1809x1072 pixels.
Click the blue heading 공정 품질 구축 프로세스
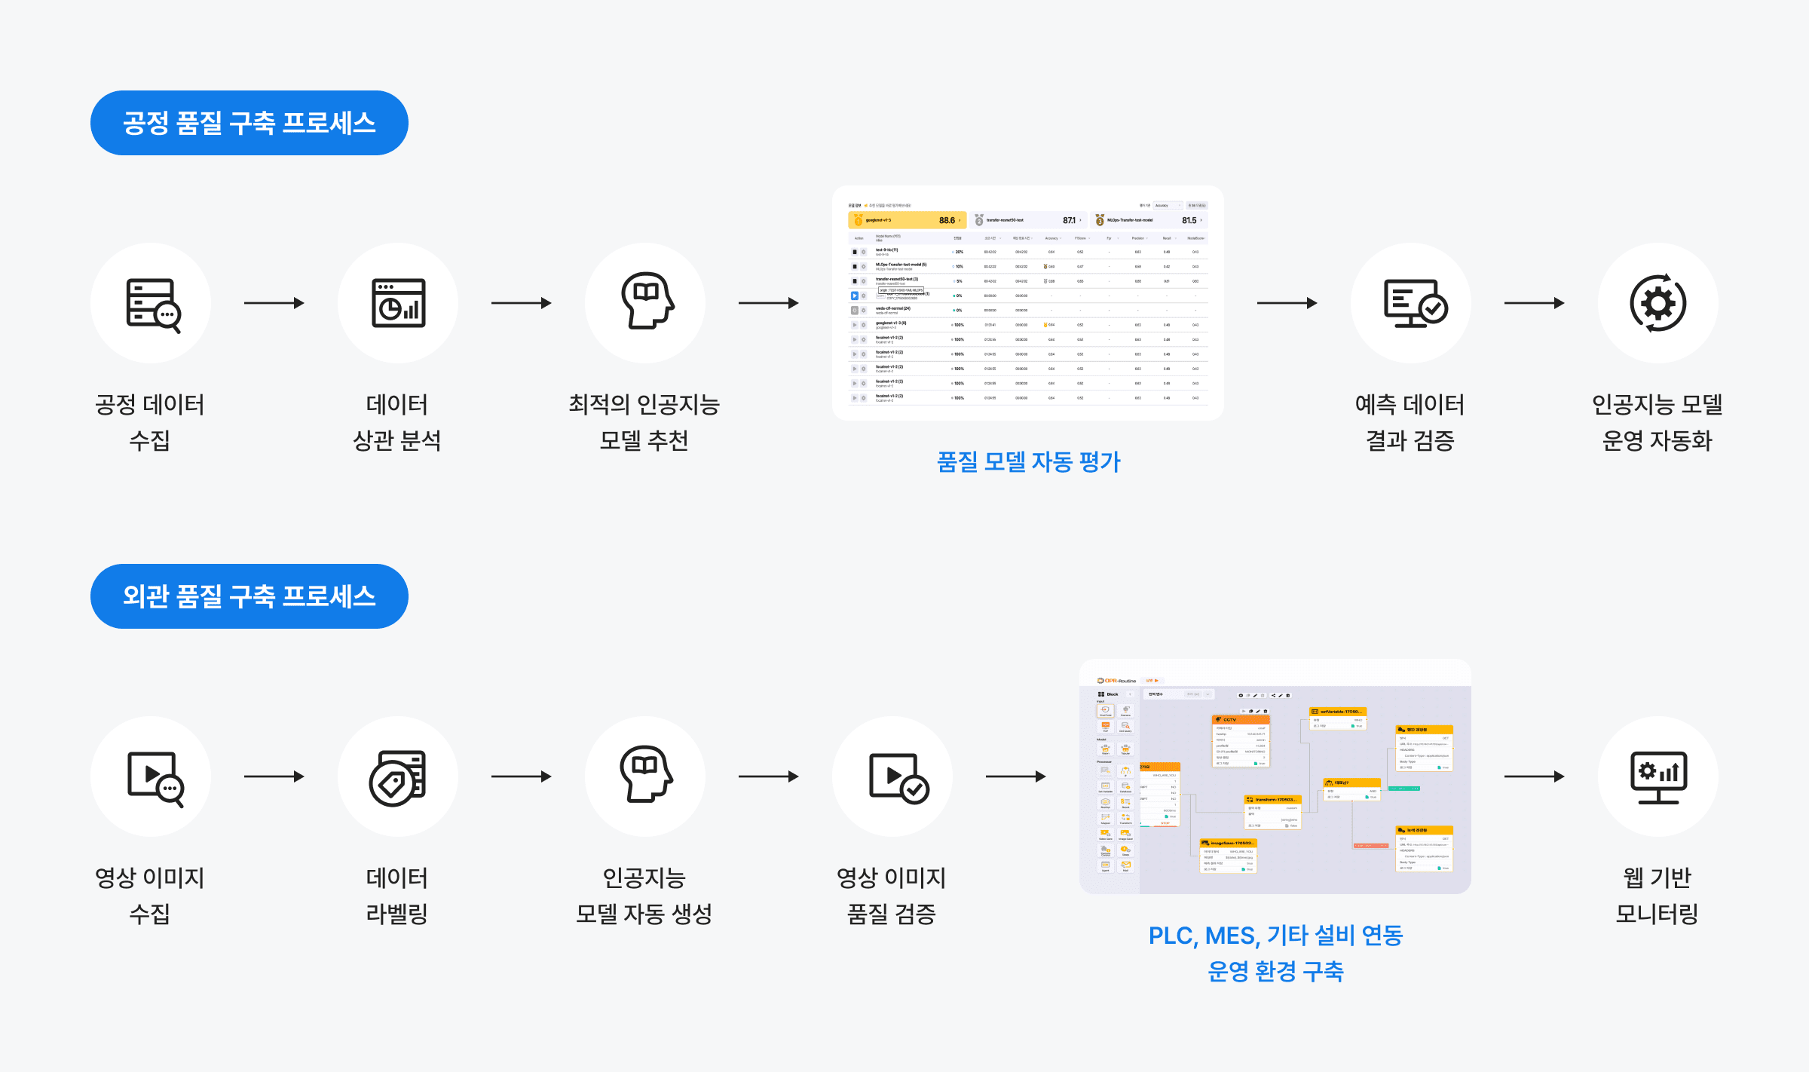click(249, 123)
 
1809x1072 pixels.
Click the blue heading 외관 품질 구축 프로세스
click(249, 596)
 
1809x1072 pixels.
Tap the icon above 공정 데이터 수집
click(152, 304)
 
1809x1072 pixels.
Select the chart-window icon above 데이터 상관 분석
click(398, 303)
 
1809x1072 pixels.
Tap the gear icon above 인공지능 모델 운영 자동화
click(1657, 303)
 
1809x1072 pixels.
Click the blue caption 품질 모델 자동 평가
click(1028, 461)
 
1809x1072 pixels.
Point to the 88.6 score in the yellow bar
click(947, 220)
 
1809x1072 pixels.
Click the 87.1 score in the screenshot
click(1069, 220)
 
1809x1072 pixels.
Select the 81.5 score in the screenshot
click(1189, 220)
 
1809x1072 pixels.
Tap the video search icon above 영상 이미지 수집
click(155, 778)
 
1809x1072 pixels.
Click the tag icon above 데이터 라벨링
click(397, 778)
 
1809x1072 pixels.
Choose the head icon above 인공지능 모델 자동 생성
click(645, 774)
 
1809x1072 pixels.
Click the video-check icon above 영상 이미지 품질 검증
click(898, 778)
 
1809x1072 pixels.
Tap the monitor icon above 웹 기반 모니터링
click(1658, 777)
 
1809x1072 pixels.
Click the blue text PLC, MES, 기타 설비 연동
click(1275, 936)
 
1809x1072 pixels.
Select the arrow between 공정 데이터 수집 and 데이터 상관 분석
click(274, 303)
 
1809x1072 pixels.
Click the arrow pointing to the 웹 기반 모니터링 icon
click(1534, 776)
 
